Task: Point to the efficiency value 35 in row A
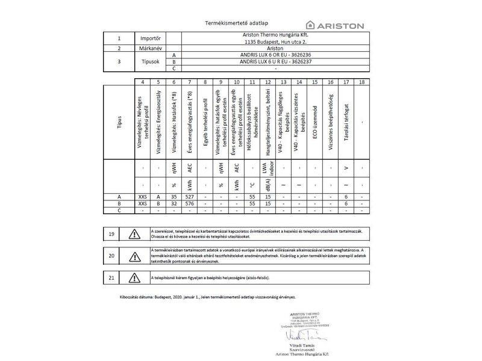[174, 197]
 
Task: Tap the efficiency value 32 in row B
[174, 203]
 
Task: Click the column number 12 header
[268, 81]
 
